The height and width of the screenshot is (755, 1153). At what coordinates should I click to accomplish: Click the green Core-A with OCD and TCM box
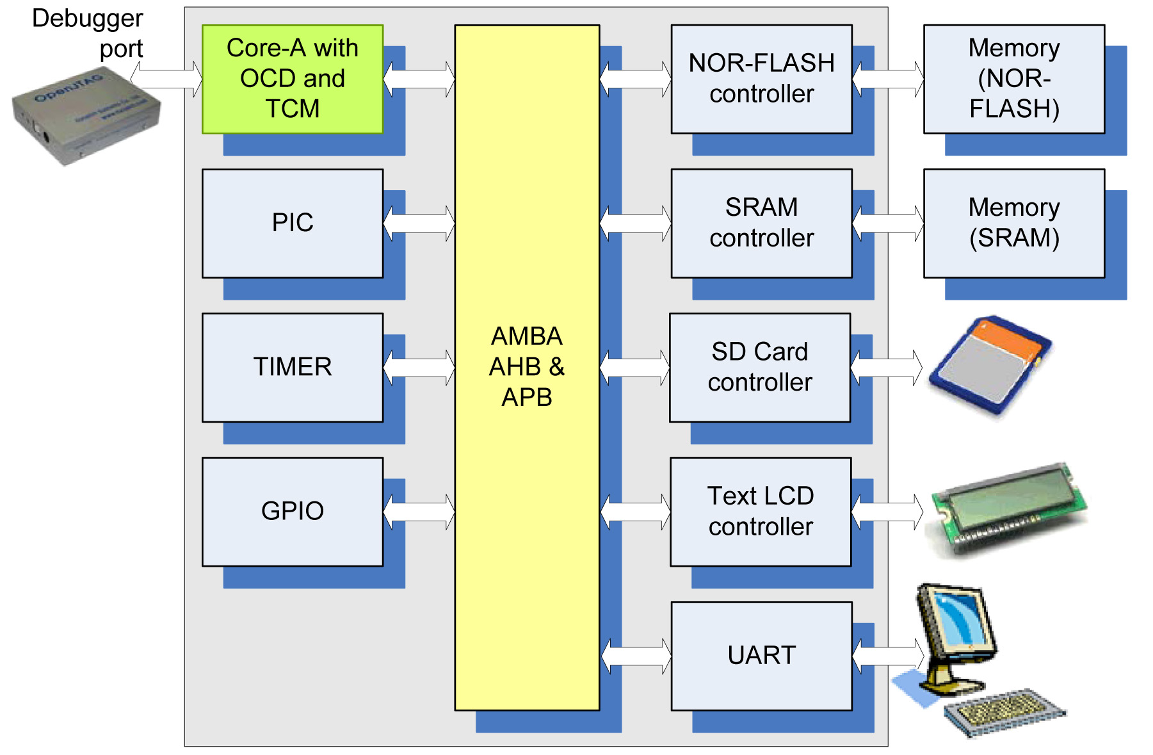click(x=293, y=79)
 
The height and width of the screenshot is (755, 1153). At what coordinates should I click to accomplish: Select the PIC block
click(x=293, y=223)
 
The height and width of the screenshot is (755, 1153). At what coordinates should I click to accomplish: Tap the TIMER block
click(x=293, y=367)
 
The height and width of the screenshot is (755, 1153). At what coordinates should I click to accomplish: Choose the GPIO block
click(x=293, y=511)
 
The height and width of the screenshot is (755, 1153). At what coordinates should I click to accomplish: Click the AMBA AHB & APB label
click(x=526, y=366)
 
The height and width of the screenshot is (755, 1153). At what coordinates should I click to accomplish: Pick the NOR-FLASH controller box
click(x=761, y=79)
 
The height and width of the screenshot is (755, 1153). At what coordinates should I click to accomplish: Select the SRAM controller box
click(x=761, y=223)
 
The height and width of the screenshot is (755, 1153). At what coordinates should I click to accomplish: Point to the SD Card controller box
click(x=760, y=367)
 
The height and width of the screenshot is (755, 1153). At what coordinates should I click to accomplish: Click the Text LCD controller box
click(x=761, y=511)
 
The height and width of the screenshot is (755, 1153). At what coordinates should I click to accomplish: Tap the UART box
click(x=761, y=655)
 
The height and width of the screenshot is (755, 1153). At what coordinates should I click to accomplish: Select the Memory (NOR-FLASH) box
click(x=1013, y=79)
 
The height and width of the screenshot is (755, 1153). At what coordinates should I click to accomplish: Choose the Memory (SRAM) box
click(x=1013, y=223)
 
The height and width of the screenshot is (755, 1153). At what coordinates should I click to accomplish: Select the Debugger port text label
click(x=88, y=33)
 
